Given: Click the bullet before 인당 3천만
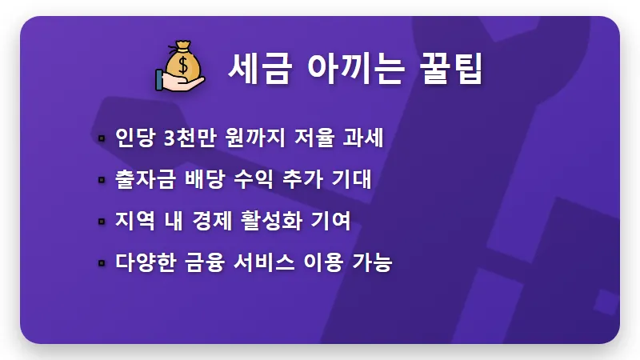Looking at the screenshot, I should [102, 139].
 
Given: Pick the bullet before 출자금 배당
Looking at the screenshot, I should [102, 180].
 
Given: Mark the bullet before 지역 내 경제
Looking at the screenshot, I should [102, 221].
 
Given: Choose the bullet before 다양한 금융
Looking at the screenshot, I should [102, 262].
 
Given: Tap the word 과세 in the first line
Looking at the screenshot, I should [366, 138].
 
